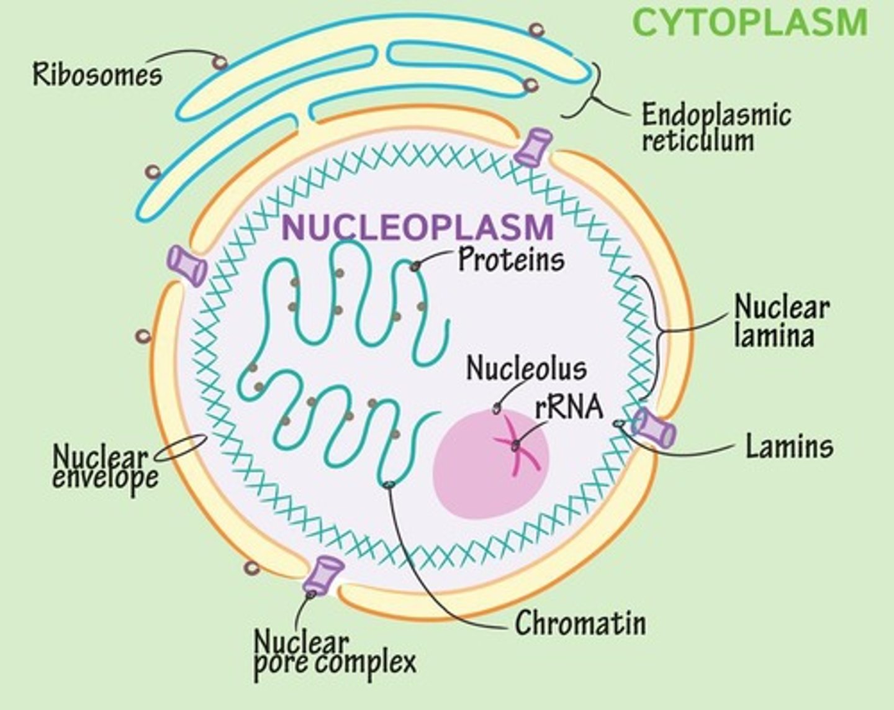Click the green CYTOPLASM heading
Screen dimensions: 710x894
pos(749,23)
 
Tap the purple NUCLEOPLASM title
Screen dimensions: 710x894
pos(417,227)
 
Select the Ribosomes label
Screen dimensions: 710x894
pos(97,75)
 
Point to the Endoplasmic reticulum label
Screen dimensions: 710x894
pos(716,128)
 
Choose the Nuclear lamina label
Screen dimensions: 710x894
pos(781,321)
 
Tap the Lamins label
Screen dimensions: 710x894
pos(789,446)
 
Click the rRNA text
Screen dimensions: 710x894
pos(569,407)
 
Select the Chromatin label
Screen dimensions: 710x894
pos(580,622)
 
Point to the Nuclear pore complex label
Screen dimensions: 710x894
pos(335,652)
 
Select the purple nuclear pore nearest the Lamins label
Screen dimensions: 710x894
pos(653,428)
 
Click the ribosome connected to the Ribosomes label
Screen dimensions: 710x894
pos(219,62)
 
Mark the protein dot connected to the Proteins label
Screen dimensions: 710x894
pos(415,266)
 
